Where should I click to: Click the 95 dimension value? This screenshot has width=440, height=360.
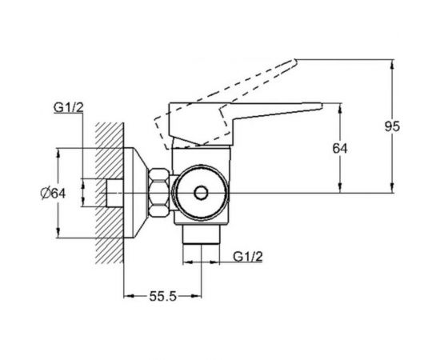(392, 126)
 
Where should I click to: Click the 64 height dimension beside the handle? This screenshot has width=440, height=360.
(340, 149)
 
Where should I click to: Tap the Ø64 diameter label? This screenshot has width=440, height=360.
(53, 193)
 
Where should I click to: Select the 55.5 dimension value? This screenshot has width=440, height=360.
(162, 296)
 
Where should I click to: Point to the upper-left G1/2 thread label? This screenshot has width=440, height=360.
(69, 107)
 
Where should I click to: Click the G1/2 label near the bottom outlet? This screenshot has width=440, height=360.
(248, 257)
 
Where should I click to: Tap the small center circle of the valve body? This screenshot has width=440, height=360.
(201, 193)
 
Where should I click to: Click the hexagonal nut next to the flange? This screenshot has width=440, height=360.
(159, 193)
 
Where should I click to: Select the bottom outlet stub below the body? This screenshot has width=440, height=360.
(201, 235)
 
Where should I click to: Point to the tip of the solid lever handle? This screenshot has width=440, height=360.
(322, 106)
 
